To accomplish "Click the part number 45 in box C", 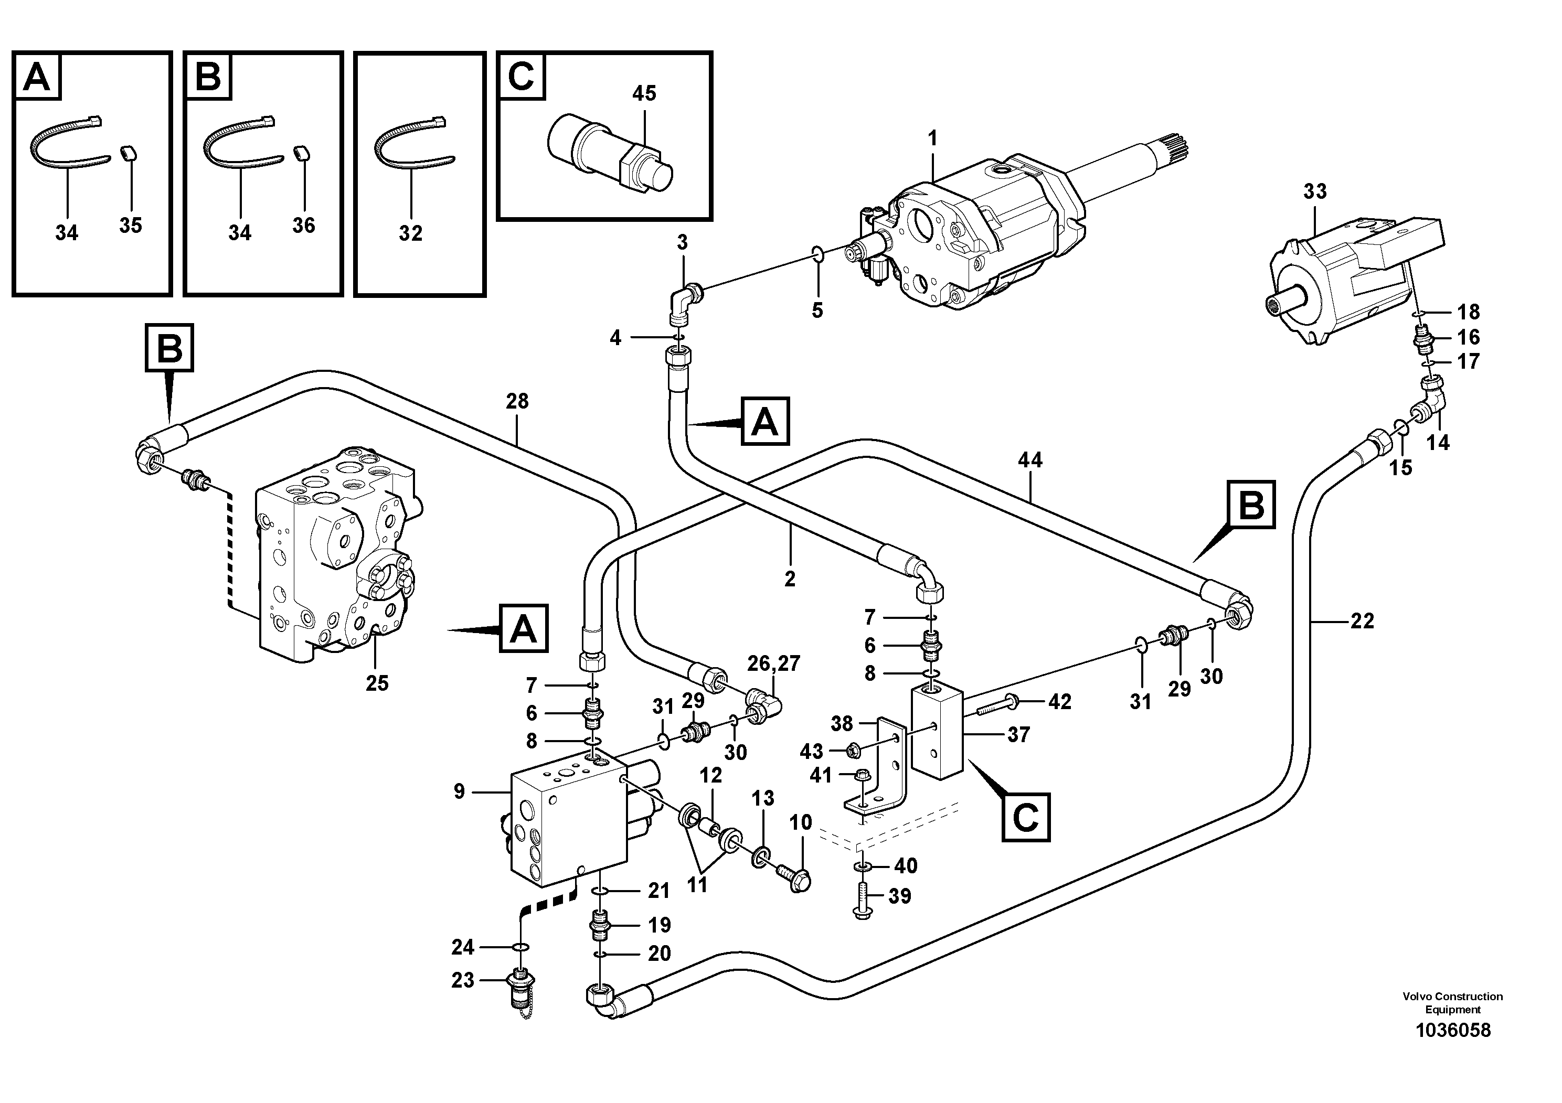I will tap(644, 93).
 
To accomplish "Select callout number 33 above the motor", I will tap(1314, 192).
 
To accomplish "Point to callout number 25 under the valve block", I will tap(377, 683).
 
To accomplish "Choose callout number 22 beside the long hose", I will tap(1362, 621).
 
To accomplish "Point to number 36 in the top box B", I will tap(303, 225).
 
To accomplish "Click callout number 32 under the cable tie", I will tap(410, 233).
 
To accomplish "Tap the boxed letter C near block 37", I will tap(1025, 817).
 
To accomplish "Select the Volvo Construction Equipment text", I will tap(1452, 1002).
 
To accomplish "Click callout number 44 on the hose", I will tap(1029, 461).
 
